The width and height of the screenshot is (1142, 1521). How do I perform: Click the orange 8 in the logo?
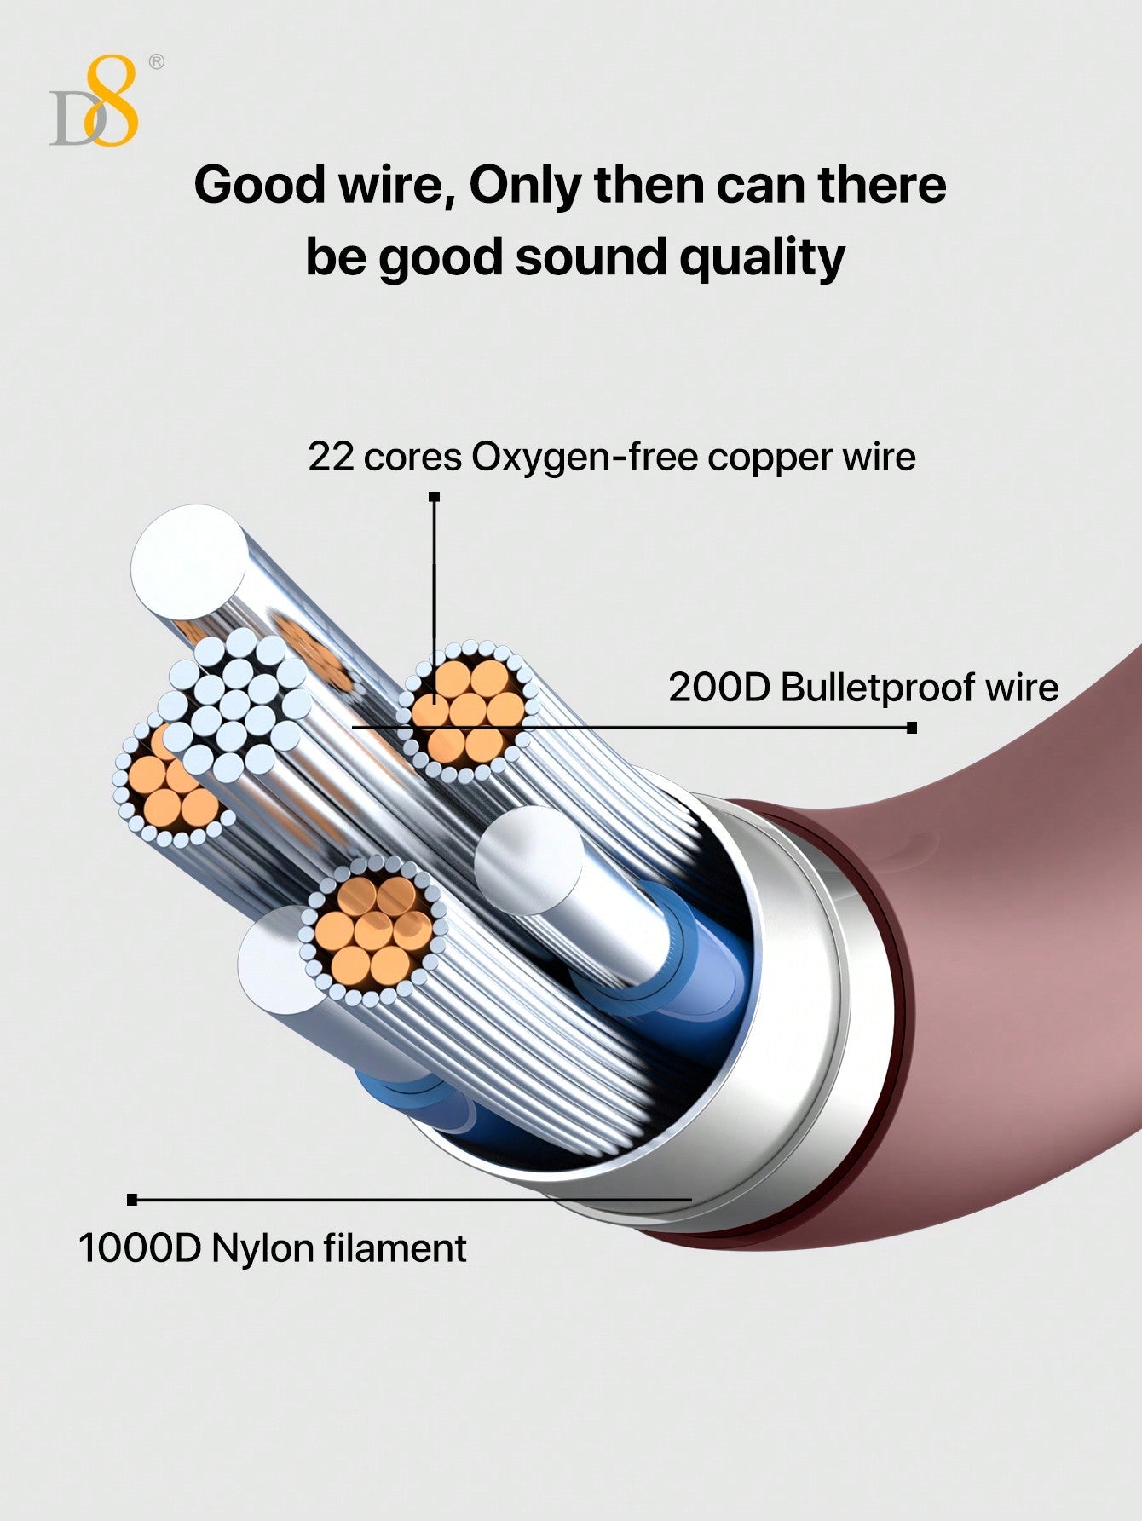113,101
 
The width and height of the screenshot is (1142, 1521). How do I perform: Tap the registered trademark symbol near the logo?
156,61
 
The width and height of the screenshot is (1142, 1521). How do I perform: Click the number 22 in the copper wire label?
330,457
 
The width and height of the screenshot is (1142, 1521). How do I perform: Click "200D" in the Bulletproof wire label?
718,687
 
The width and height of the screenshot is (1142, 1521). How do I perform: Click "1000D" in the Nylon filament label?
139,1248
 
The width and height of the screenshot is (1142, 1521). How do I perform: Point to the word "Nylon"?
262,1249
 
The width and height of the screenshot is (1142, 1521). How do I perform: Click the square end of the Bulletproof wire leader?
912,728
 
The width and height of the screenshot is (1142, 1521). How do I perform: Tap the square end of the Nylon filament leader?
132,1200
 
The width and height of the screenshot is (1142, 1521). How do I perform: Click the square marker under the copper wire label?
434,496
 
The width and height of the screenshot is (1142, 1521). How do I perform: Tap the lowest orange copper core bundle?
373,930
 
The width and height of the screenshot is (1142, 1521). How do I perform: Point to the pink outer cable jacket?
1023,980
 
